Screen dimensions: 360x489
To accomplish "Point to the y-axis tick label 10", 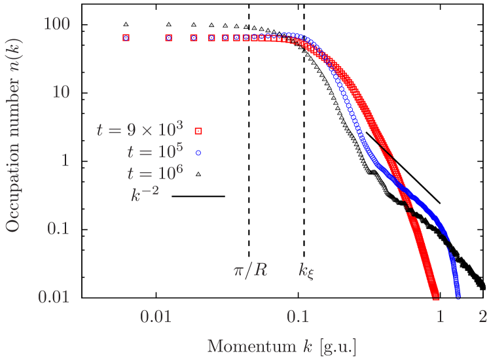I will click(x=61, y=91).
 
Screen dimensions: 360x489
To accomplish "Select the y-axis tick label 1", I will click(x=65, y=159).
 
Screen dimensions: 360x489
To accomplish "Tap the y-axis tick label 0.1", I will click(x=59, y=228).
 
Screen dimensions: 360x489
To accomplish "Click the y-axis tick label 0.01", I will click(x=55, y=296).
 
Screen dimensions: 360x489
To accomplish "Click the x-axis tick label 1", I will click(x=441, y=317).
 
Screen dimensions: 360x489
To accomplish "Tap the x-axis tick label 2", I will click(x=483, y=317).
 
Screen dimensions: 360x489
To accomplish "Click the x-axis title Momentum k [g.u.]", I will click(x=281, y=346).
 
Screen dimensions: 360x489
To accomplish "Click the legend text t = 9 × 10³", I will click(x=139, y=128).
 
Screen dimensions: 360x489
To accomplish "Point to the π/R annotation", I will click(x=250, y=271).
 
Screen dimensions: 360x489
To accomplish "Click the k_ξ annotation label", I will click(x=307, y=271).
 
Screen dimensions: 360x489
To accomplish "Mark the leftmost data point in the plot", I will click(x=126, y=38).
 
